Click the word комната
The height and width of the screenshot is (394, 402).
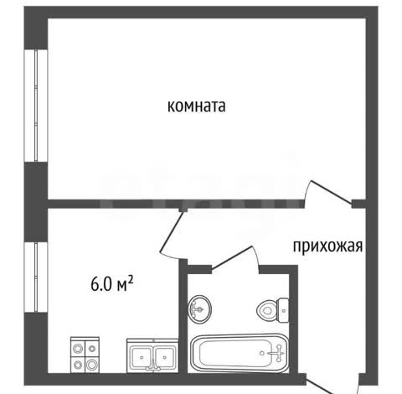click(x=197, y=106)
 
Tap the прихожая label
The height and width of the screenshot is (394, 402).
click(x=327, y=246)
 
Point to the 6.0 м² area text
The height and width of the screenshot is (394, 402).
click(x=112, y=284)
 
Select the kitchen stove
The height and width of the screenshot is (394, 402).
click(x=85, y=355)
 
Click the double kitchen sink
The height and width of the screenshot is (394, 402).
click(x=152, y=355)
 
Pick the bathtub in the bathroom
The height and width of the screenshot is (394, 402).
click(x=240, y=354)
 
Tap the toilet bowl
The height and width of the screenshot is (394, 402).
click(x=273, y=310)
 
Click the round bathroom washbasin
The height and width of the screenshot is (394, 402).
click(x=199, y=308)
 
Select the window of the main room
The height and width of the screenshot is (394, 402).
click(x=36, y=106)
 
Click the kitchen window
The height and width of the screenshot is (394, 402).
click(x=36, y=277)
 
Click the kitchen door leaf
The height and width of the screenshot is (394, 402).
click(x=172, y=231)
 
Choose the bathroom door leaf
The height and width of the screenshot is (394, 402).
click(x=232, y=258)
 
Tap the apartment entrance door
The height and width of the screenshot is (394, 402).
click(x=332, y=386)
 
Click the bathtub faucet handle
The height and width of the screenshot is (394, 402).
click(x=277, y=353)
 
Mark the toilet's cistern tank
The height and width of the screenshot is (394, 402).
click(x=283, y=310)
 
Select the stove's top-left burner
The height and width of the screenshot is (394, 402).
click(x=78, y=348)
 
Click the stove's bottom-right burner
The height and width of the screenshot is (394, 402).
click(x=92, y=365)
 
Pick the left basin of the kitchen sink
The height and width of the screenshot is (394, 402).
click(x=142, y=357)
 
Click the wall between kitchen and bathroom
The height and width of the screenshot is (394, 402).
click(x=183, y=316)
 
